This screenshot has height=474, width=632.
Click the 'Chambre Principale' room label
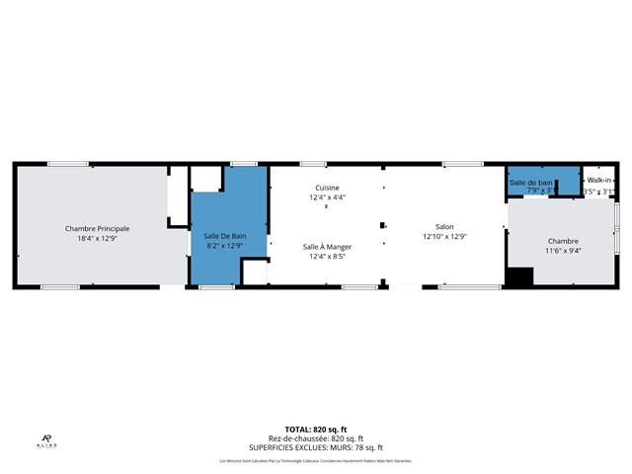tap(97, 228)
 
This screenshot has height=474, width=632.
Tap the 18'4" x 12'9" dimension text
tap(97, 238)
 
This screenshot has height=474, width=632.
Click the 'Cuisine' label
tap(327, 188)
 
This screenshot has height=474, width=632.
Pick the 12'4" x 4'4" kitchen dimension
tap(327, 197)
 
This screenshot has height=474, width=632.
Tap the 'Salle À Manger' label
tap(327, 246)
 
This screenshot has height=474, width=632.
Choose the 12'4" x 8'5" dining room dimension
tap(327, 257)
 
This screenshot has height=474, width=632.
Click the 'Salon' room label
tap(443, 226)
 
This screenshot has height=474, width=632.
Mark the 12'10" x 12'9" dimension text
tap(443, 236)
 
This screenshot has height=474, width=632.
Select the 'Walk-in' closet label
tap(598, 181)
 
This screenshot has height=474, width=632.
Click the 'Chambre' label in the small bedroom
tap(563, 241)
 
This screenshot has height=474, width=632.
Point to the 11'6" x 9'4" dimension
tap(563, 251)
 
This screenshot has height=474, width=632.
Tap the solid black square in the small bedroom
tap(519, 277)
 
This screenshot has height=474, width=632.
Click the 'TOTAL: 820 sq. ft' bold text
tap(315, 430)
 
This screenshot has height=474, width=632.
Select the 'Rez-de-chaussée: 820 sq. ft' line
tap(315, 438)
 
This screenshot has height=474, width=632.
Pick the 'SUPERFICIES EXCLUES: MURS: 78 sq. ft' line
tap(315, 447)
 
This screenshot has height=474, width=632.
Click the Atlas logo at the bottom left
tap(47, 441)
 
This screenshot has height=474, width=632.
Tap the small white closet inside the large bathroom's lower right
tap(254, 273)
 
